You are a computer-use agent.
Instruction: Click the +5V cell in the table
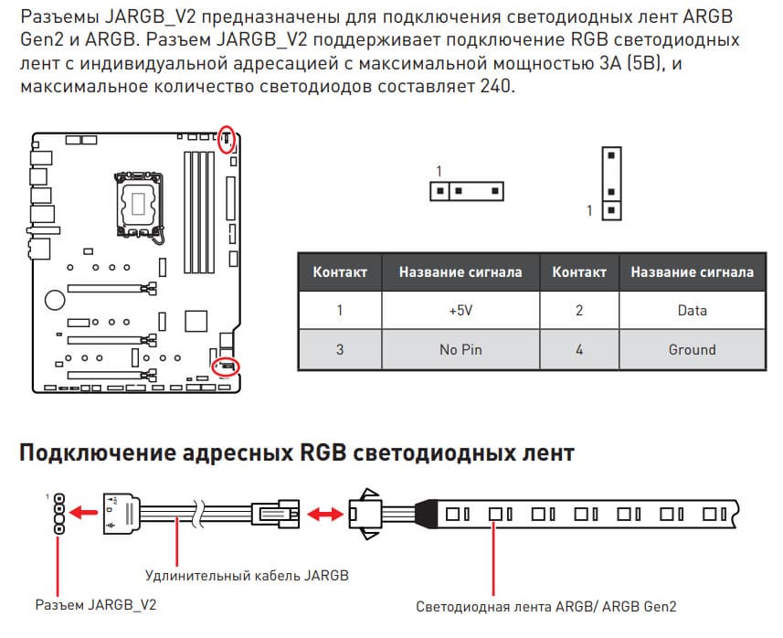[x=460, y=311]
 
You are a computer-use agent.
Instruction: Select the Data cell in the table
[x=692, y=311]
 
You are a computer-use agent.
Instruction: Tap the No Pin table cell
[x=460, y=349]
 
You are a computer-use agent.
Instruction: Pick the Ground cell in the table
[x=692, y=349]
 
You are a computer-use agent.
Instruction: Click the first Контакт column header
[x=340, y=271]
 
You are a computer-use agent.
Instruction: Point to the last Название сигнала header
[x=692, y=271]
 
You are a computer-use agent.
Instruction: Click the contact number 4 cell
[x=579, y=349]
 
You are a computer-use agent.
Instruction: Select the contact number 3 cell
[x=340, y=349]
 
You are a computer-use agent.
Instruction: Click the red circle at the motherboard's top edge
[x=227, y=139]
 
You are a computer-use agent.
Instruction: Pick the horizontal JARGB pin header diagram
[x=466, y=191]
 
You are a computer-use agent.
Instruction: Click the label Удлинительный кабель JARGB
[x=247, y=575]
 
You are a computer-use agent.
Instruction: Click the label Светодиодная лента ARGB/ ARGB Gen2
[x=546, y=606]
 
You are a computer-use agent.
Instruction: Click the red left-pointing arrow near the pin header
[x=86, y=511]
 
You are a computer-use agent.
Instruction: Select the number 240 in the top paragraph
[x=500, y=86]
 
